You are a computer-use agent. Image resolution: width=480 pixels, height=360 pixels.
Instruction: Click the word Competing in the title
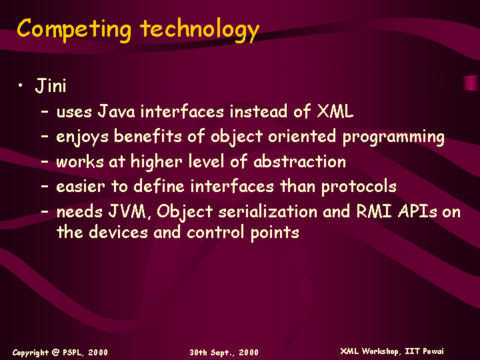74,29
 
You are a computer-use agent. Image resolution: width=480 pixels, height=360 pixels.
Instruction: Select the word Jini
51,85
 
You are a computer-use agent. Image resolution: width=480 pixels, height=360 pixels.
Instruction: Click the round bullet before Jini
20,85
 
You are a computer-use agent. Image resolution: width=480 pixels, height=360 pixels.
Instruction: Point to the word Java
116,111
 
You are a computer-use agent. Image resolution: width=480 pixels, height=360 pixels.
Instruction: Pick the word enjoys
82,137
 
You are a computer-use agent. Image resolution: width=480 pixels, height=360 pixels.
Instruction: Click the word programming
393,137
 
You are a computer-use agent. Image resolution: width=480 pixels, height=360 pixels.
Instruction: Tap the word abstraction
300,161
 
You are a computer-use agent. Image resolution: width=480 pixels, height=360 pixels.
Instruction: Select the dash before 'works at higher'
45,161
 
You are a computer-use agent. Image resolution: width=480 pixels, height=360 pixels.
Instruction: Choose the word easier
81,187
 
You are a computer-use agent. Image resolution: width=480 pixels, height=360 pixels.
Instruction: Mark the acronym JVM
127,211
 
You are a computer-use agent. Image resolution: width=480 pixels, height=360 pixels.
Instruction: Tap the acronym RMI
374,211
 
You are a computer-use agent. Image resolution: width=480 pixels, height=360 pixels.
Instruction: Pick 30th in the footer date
199,353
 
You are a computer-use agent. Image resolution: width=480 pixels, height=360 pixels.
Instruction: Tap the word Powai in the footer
433,351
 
